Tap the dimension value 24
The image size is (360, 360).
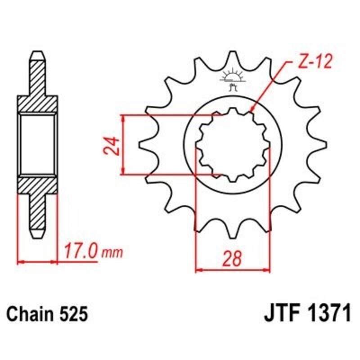114,145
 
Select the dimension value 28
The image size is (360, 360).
232,258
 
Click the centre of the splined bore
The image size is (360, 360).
232,145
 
